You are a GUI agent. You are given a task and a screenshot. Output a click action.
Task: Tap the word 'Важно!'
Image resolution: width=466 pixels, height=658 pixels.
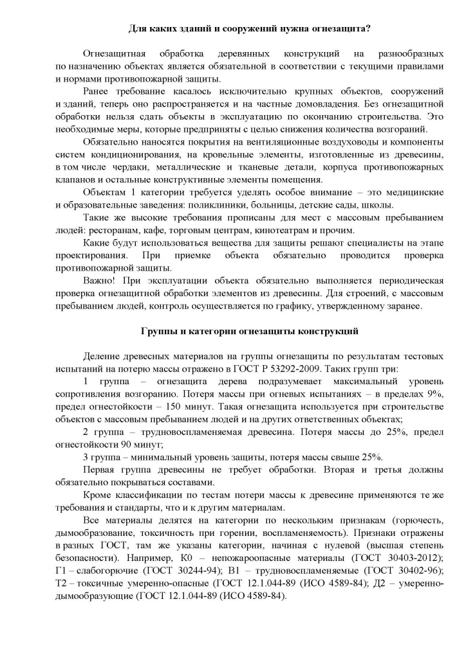click(98, 281)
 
